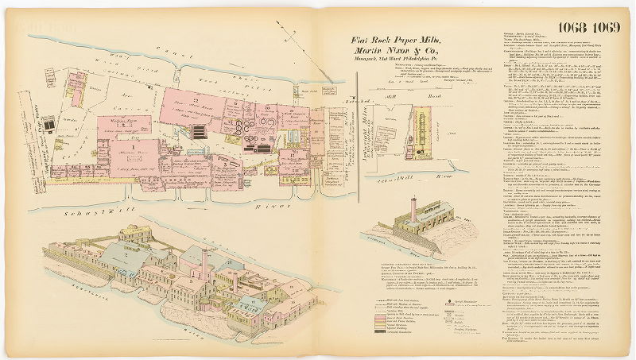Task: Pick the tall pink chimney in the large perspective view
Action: coord(204,262)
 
